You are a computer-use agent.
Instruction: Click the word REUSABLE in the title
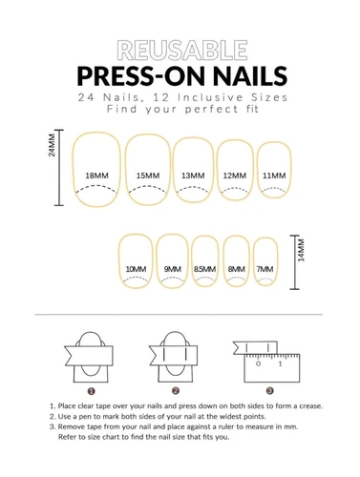182,50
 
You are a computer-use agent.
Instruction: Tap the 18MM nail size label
96,176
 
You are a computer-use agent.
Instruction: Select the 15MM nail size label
148,176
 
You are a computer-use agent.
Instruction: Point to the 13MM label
193,176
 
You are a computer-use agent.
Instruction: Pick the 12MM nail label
235,176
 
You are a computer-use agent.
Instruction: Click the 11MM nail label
274,176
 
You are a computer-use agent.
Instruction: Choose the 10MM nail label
136,269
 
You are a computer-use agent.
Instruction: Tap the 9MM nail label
173,269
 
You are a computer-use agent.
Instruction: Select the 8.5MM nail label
204,269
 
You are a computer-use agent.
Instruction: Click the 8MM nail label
237,269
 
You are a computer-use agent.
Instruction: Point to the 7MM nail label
265,269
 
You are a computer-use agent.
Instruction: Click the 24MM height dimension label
52,145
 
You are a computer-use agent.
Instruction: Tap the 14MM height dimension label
301,250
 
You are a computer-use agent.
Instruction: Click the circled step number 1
92,391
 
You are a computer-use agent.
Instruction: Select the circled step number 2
176,391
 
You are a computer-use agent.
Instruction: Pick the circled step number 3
270,390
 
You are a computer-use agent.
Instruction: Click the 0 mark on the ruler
258,363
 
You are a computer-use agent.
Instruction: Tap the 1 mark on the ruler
280,363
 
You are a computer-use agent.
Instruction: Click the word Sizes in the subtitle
269,97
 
